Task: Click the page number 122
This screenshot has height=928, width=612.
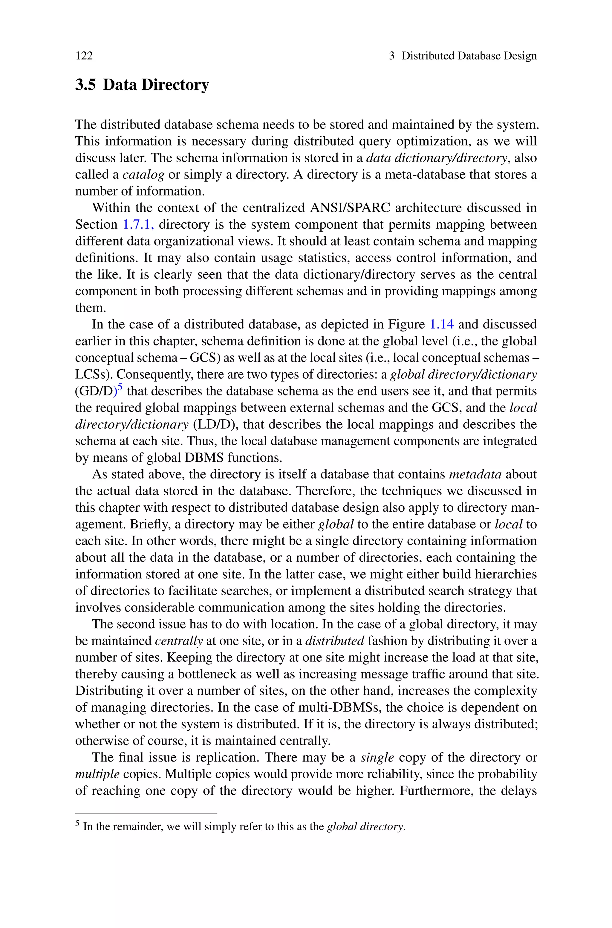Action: [x=84, y=56]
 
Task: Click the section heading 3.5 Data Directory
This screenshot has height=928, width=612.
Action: [x=142, y=85]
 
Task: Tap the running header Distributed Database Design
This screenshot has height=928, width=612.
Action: [x=469, y=56]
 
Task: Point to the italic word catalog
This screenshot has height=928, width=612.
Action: [x=143, y=175]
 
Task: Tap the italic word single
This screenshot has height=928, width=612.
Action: [x=377, y=758]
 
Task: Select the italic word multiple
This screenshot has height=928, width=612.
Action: [x=97, y=775]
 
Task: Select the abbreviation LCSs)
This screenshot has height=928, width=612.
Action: [x=94, y=374]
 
